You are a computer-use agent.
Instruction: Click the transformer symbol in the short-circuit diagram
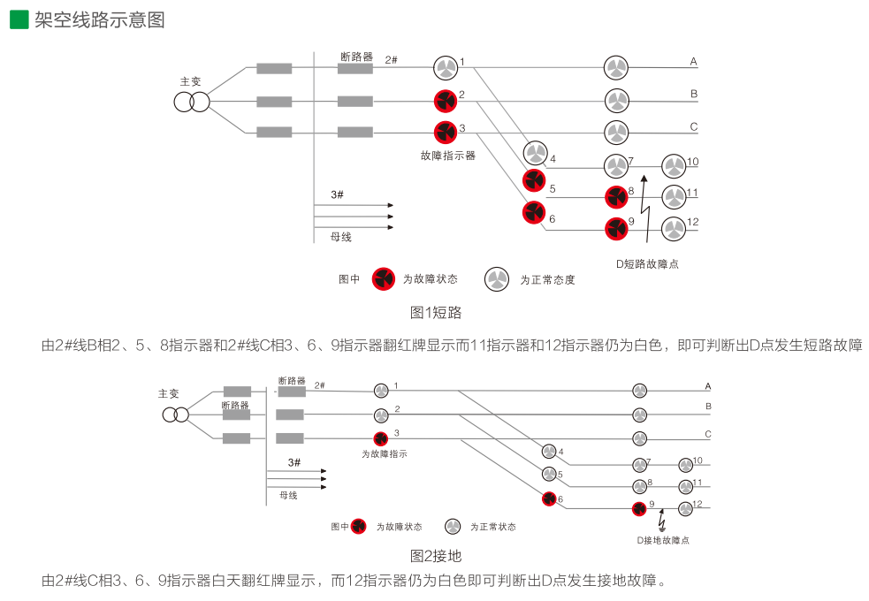pyautogui.click(x=191, y=102)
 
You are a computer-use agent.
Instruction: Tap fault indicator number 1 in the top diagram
pyautogui.click(x=446, y=68)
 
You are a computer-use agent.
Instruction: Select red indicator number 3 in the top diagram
pyautogui.click(x=446, y=133)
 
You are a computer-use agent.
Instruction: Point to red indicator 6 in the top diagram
pyautogui.click(x=534, y=213)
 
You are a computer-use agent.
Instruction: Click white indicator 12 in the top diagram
pyautogui.click(x=674, y=229)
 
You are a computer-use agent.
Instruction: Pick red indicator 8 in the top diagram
pyautogui.click(x=616, y=197)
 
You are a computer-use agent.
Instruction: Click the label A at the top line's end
pyautogui.click(x=694, y=62)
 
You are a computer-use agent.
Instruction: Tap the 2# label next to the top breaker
pyautogui.click(x=391, y=59)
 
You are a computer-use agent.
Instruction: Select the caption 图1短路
pyautogui.click(x=436, y=312)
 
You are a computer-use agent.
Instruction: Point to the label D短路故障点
pyautogui.click(x=647, y=263)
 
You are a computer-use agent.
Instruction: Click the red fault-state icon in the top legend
pyautogui.click(x=383, y=279)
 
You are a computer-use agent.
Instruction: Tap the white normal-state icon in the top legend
pyautogui.click(x=496, y=279)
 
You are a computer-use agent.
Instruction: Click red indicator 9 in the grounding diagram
pyautogui.click(x=639, y=508)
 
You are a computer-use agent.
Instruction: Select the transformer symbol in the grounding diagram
pyautogui.click(x=175, y=415)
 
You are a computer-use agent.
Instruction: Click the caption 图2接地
pyautogui.click(x=436, y=556)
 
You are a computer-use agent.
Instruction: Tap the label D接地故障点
pyautogui.click(x=663, y=540)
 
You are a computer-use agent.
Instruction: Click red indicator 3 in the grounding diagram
pyautogui.click(x=381, y=438)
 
